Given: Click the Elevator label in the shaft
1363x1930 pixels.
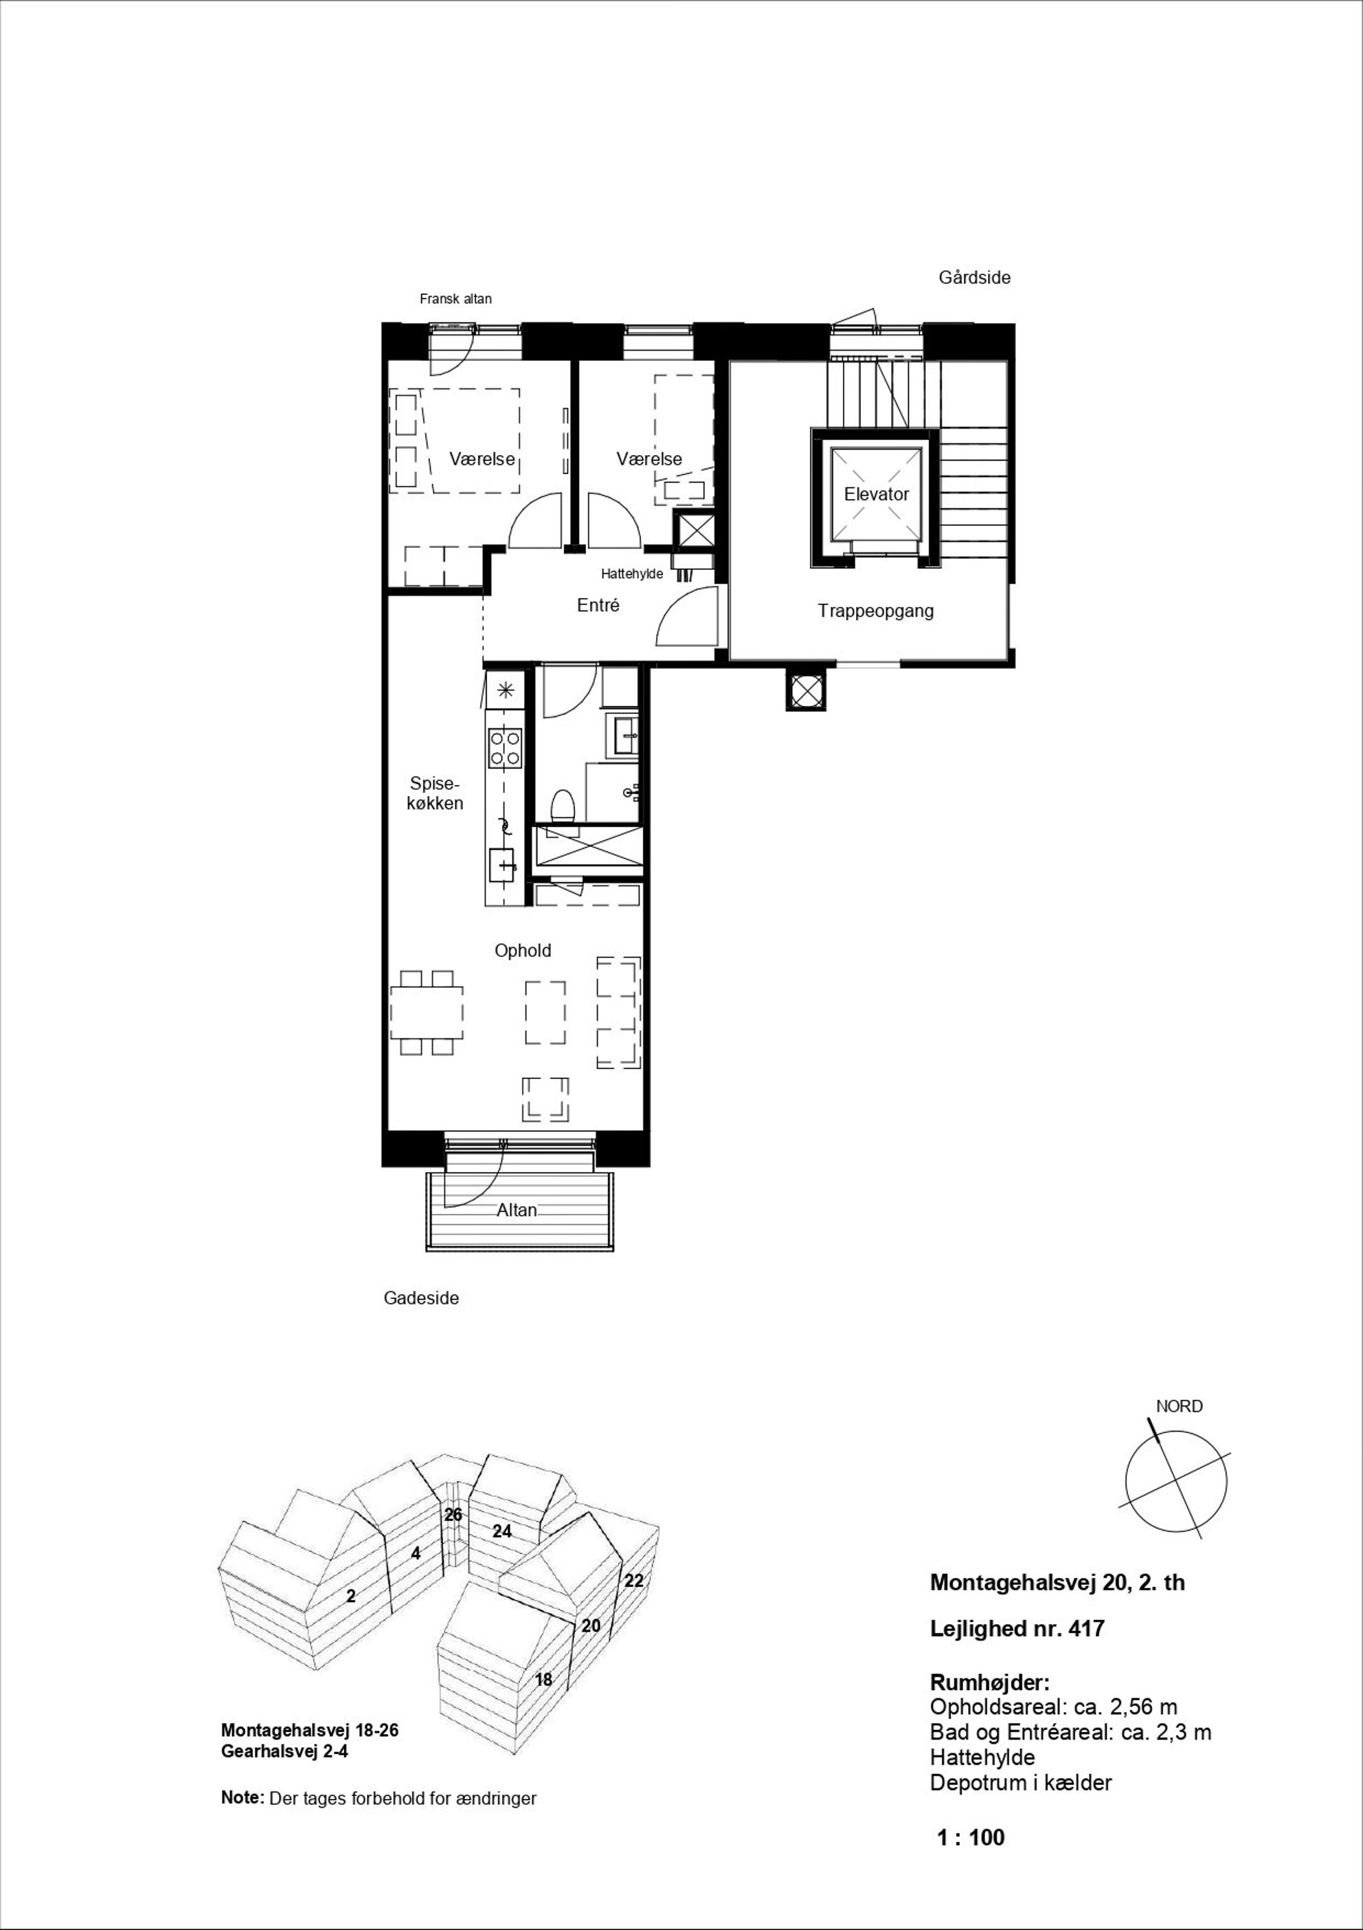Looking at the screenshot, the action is click(x=877, y=494).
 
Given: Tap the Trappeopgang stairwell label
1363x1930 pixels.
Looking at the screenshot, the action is click(x=876, y=611).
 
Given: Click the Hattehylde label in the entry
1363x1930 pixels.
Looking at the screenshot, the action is click(x=632, y=574).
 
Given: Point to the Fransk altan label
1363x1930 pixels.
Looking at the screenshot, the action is click(x=455, y=298).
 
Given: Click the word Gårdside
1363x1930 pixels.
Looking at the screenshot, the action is click(x=975, y=278).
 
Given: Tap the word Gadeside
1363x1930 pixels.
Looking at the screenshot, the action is click(x=421, y=1298).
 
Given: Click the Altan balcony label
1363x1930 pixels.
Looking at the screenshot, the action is click(x=517, y=1210).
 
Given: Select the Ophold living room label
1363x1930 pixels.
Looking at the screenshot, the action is click(x=523, y=951).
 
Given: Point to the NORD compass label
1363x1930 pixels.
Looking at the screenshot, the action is click(x=1179, y=1406).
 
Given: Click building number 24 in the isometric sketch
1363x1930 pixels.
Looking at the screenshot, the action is click(x=502, y=1531).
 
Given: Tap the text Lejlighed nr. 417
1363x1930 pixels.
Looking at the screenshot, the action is click(x=1017, y=1629).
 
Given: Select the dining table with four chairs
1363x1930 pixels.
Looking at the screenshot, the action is click(x=427, y=1013).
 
